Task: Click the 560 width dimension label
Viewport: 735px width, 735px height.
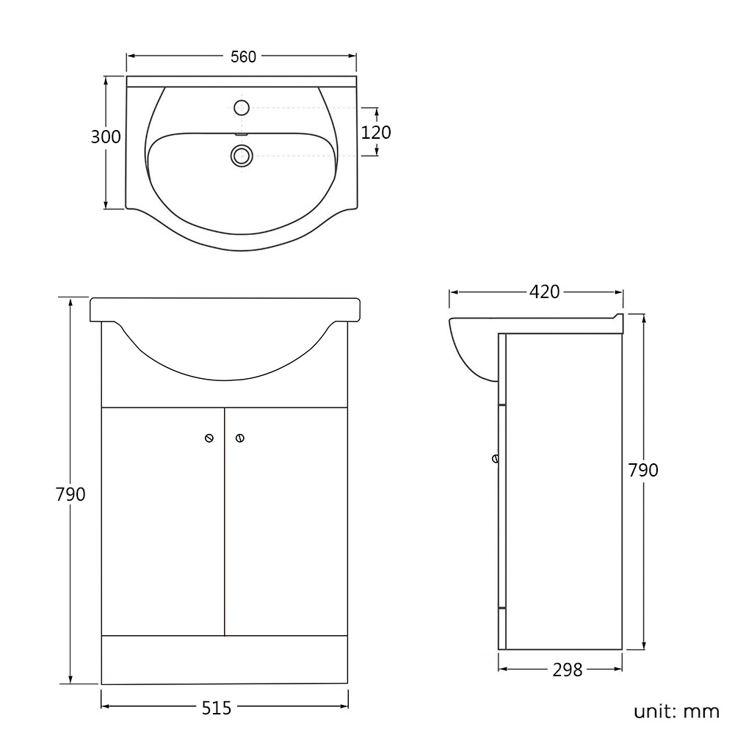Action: pos(243,57)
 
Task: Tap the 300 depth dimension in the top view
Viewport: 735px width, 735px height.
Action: pos(106,137)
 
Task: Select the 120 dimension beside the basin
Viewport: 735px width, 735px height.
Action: pos(376,133)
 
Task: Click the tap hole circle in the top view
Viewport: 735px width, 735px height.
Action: pos(242,108)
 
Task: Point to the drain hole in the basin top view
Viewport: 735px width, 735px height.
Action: pos(242,155)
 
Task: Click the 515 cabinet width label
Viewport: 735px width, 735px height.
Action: pos(217,708)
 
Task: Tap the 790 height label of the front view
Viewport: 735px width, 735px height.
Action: pos(70,495)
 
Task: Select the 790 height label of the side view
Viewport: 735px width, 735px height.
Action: pos(643,470)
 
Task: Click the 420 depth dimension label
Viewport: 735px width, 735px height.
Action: pos(544,292)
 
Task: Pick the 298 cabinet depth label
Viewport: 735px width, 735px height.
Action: pos(567,670)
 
